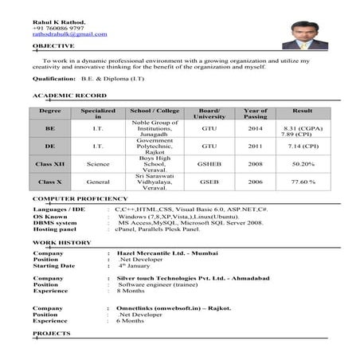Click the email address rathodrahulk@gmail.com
[x=69, y=34]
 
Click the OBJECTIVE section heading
[x=53, y=46]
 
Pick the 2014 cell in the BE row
[x=255, y=127]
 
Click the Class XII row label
[x=50, y=163]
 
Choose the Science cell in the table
[x=98, y=163]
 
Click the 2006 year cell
[x=255, y=182]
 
